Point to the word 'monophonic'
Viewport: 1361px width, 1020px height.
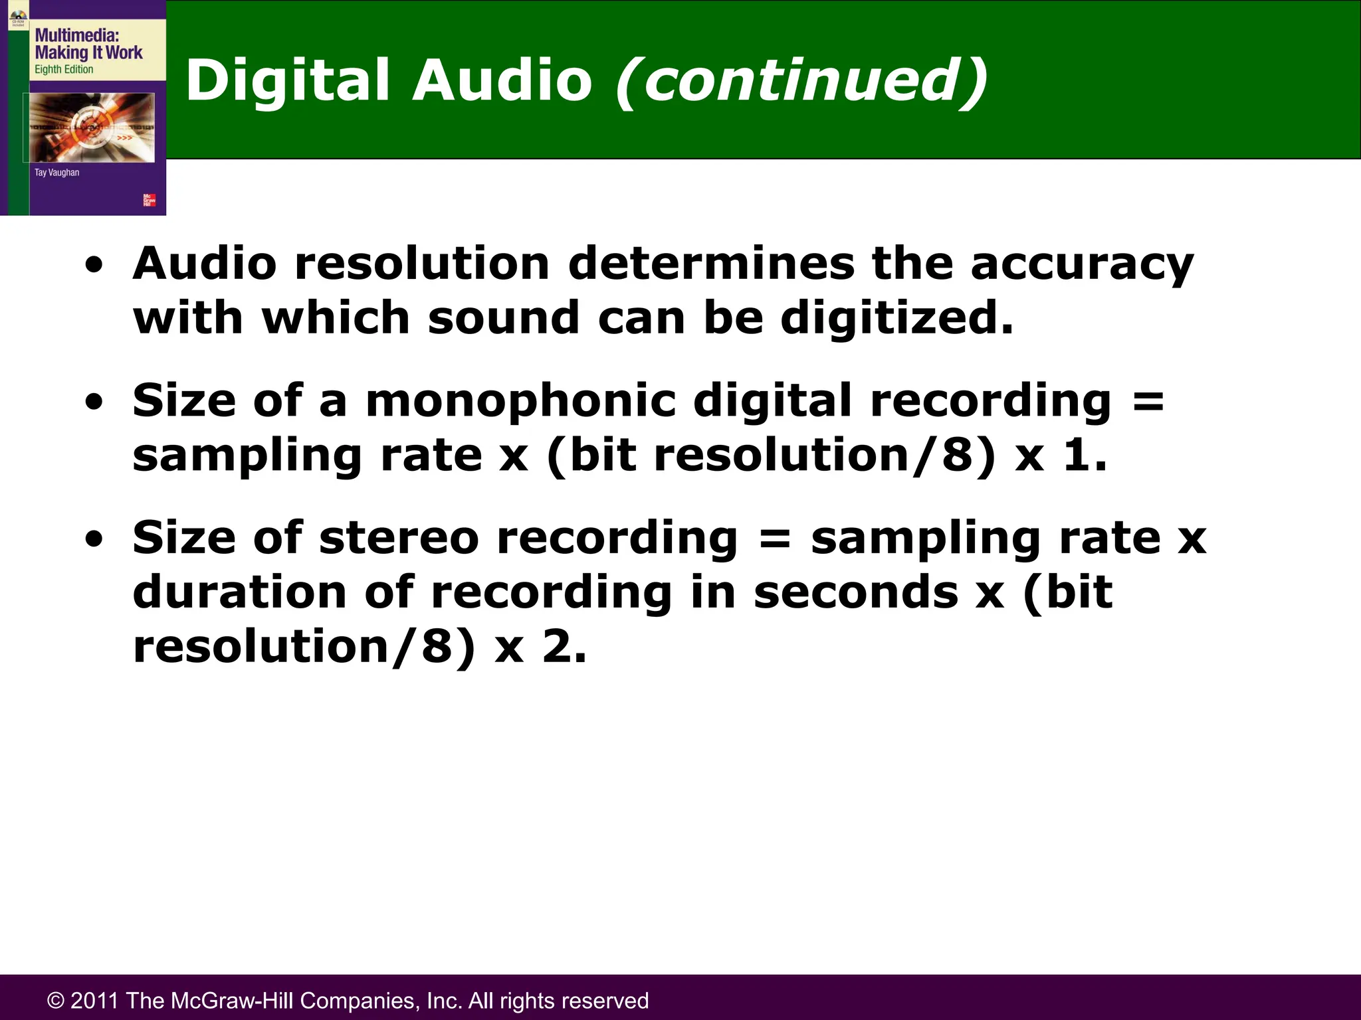(520, 401)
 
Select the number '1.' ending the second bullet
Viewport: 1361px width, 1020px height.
(1085, 456)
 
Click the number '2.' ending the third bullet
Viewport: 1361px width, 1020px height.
(564, 646)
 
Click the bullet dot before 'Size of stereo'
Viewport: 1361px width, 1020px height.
(94, 539)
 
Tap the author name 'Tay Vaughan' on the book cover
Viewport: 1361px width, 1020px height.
(56, 173)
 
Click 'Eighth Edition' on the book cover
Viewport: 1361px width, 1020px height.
(64, 69)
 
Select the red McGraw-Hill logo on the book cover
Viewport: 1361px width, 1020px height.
(150, 200)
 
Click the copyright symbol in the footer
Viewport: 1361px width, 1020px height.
(56, 1001)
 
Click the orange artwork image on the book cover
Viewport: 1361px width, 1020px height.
(92, 127)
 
